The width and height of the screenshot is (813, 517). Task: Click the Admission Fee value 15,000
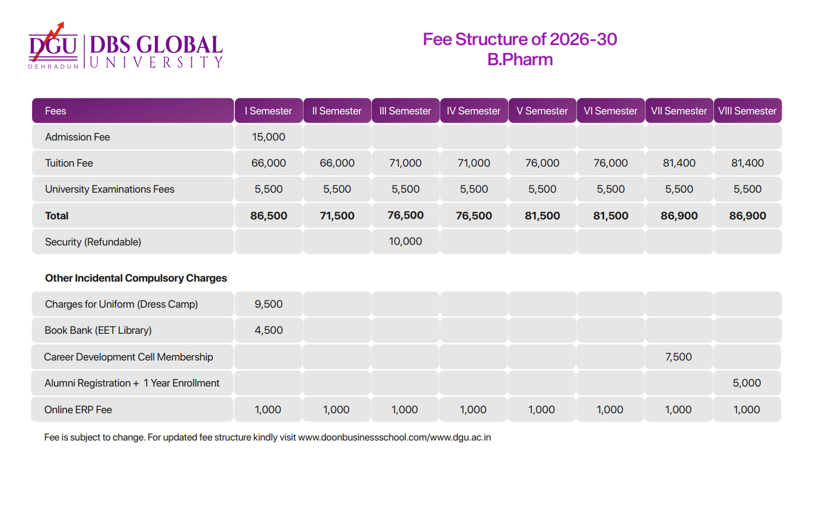(x=269, y=137)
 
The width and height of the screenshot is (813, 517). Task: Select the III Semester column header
(x=405, y=111)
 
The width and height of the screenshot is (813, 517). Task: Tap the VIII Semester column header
(x=747, y=111)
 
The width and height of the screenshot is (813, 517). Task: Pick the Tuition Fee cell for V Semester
(x=542, y=163)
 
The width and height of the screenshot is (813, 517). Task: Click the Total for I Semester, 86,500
(x=269, y=216)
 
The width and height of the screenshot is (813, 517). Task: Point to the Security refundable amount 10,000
(x=405, y=241)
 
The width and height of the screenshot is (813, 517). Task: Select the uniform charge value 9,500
(x=269, y=304)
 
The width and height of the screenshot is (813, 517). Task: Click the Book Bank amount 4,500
(x=269, y=330)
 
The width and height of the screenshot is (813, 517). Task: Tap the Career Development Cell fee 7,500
(x=678, y=357)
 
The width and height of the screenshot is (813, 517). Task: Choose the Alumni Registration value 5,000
(x=747, y=383)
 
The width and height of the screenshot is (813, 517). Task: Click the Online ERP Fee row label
(x=78, y=410)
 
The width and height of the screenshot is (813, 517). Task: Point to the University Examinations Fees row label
(x=110, y=189)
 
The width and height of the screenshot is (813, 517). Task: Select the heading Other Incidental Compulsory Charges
(x=136, y=278)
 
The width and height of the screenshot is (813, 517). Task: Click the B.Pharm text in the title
(x=520, y=59)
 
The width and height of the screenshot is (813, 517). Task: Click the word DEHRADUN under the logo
(x=53, y=66)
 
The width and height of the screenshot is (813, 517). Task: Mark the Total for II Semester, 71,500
(x=337, y=216)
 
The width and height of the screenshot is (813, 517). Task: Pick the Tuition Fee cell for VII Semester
(x=679, y=163)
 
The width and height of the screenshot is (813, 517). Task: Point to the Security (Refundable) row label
(x=93, y=242)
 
